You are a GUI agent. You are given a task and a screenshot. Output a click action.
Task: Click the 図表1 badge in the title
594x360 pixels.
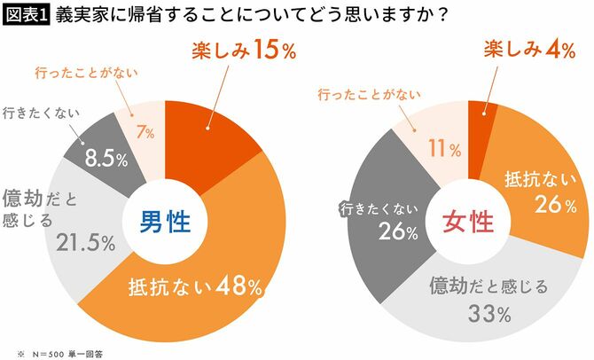coord(27,15)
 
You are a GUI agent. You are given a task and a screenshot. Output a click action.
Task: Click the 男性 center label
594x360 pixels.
coord(167,222)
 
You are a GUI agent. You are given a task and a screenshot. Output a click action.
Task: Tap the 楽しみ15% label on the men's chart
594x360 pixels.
coord(245,51)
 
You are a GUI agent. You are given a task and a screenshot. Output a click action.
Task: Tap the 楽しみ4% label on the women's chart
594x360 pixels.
coord(526,51)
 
